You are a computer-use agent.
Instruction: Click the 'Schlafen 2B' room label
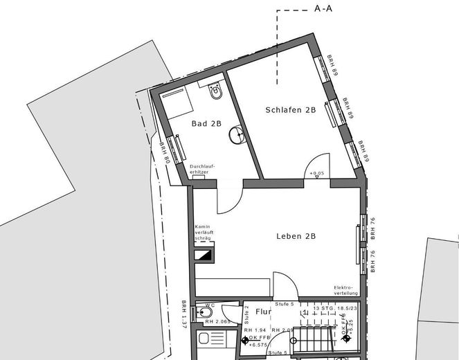(x=290, y=110)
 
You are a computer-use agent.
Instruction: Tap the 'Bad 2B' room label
(x=206, y=124)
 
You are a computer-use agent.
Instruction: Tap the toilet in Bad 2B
(x=215, y=90)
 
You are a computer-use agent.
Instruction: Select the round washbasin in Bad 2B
(x=237, y=134)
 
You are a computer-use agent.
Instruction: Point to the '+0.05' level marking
(x=318, y=172)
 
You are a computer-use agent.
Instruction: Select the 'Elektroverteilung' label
(x=343, y=289)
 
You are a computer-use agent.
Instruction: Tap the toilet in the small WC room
(x=206, y=313)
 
